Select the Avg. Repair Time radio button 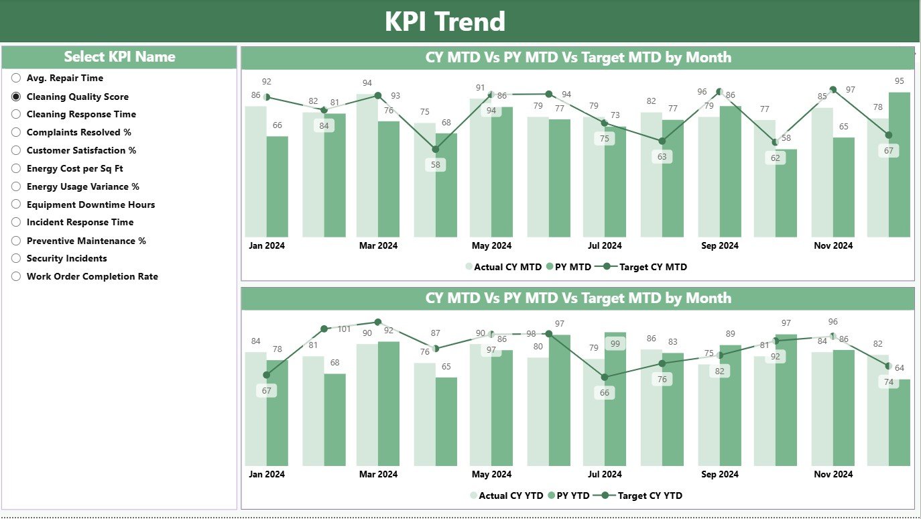pyautogui.click(x=16, y=78)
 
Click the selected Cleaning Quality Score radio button pyautogui.click(x=16, y=97)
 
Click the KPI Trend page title pyautogui.click(x=444, y=21)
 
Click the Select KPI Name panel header pyautogui.click(x=119, y=57)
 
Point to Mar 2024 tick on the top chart pyautogui.click(x=378, y=246)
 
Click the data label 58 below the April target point pyautogui.click(x=436, y=165)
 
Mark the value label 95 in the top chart pyautogui.click(x=899, y=81)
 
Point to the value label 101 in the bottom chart pyautogui.click(x=344, y=329)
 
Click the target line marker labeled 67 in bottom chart pyautogui.click(x=267, y=375)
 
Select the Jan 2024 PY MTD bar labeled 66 pyautogui.click(x=277, y=188)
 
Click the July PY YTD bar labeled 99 pyautogui.click(x=615, y=402)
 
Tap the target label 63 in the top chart pyautogui.click(x=662, y=157)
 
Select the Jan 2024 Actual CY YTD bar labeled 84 pyautogui.click(x=255, y=409)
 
